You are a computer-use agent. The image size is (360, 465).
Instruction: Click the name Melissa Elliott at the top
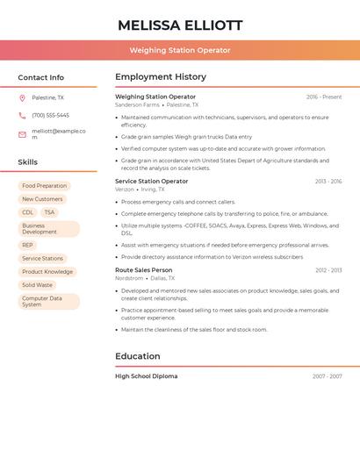pyautogui.click(x=180, y=25)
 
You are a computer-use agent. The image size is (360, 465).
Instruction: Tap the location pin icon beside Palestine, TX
pyautogui.click(x=22, y=98)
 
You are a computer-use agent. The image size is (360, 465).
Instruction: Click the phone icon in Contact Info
pyautogui.click(x=22, y=115)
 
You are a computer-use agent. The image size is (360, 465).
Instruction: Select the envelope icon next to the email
pyautogui.click(x=22, y=134)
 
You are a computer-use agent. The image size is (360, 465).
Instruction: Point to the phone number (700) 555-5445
pyautogui.click(x=50, y=115)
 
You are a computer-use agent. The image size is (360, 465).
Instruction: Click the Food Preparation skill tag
pyautogui.click(x=44, y=186)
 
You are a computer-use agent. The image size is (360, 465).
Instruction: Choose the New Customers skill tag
pyautogui.click(x=42, y=199)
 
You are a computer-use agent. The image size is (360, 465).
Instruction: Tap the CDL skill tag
pyautogui.click(x=27, y=212)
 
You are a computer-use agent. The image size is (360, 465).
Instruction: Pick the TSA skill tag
pyautogui.click(x=49, y=212)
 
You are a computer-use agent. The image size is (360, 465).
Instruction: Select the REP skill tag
pyautogui.click(x=27, y=246)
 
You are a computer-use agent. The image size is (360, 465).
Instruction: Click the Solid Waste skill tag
pyautogui.click(x=37, y=285)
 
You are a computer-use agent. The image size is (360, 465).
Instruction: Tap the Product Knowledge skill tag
pyautogui.click(x=47, y=272)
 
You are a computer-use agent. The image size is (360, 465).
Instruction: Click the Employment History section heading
pyautogui.click(x=161, y=77)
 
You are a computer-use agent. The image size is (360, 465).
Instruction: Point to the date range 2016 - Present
pyautogui.click(x=324, y=97)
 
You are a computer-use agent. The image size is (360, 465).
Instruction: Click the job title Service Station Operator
pyautogui.click(x=151, y=182)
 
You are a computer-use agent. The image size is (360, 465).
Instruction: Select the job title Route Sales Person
pyautogui.click(x=143, y=270)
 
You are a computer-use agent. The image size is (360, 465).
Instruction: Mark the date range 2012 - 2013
pyautogui.click(x=328, y=270)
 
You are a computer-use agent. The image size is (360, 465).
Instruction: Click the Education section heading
pyautogui.click(x=138, y=356)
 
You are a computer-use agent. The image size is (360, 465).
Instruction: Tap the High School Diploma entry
pyautogui.click(x=146, y=376)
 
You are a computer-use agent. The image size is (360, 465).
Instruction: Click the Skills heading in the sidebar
pyautogui.click(x=28, y=162)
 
